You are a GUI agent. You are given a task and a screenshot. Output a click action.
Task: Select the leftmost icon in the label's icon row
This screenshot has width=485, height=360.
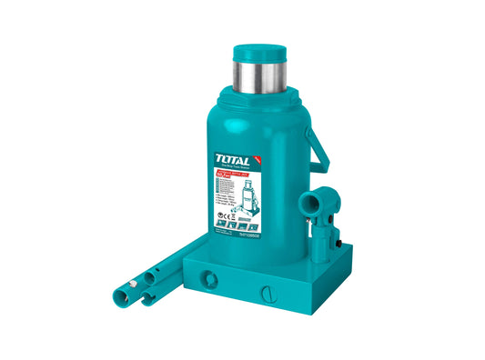tap(222, 222)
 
